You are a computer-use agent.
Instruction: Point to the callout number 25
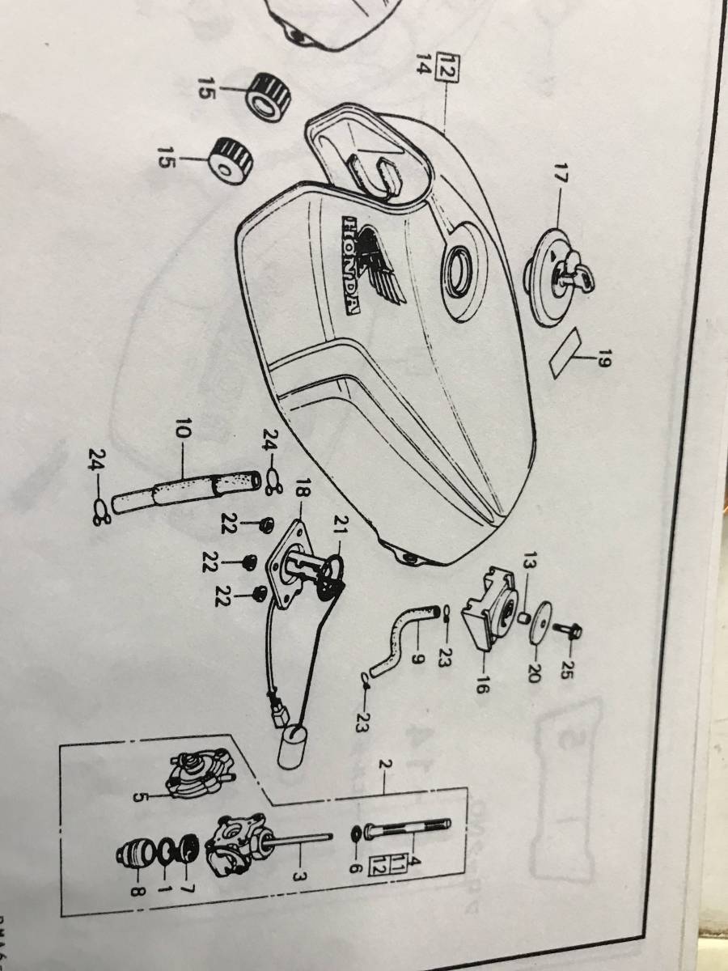(x=565, y=668)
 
